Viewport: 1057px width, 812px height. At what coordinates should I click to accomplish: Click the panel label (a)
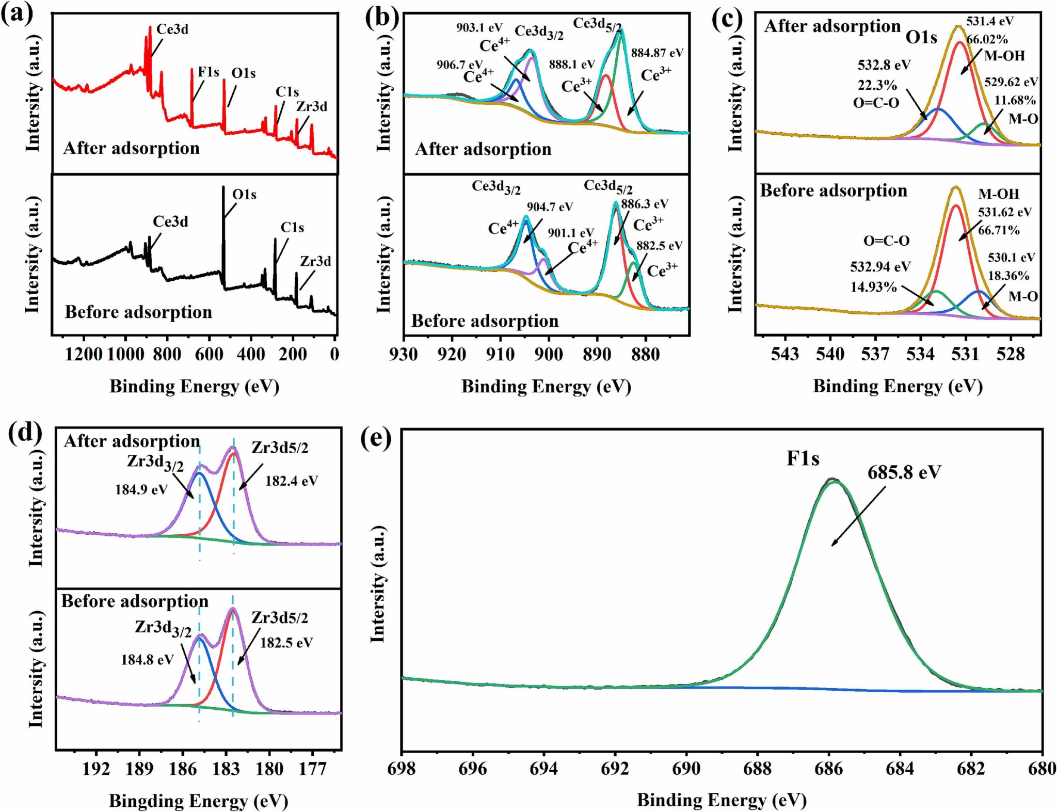tap(17, 13)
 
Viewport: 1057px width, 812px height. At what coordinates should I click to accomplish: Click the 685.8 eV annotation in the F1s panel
tap(904, 472)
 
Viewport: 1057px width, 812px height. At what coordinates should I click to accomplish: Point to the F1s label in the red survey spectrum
tap(209, 72)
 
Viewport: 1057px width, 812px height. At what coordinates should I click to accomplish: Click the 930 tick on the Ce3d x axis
tap(404, 355)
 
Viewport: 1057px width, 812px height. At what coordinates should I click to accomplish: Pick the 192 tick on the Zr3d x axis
tap(97, 769)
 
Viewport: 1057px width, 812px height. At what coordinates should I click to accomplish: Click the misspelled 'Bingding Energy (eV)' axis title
tap(198, 801)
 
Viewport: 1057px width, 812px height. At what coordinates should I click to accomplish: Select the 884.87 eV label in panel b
tap(656, 53)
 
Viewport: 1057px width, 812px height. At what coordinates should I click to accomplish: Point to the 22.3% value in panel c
tap(877, 85)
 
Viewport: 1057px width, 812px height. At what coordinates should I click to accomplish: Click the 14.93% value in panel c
tap(873, 287)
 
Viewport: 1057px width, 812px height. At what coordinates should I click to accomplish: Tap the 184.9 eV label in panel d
tap(141, 489)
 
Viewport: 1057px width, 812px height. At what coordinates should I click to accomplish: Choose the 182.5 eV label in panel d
tap(286, 643)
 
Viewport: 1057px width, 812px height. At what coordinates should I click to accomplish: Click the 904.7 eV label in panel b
tap(550, 207)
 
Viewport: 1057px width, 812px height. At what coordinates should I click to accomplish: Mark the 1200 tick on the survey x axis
tap(84, 355)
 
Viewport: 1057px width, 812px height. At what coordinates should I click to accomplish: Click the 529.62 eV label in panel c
tap(1011, 82)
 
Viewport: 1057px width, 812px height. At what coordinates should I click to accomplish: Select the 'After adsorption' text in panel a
tap(131, 148)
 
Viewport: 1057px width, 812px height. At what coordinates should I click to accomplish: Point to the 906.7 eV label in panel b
tap(459, 65)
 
